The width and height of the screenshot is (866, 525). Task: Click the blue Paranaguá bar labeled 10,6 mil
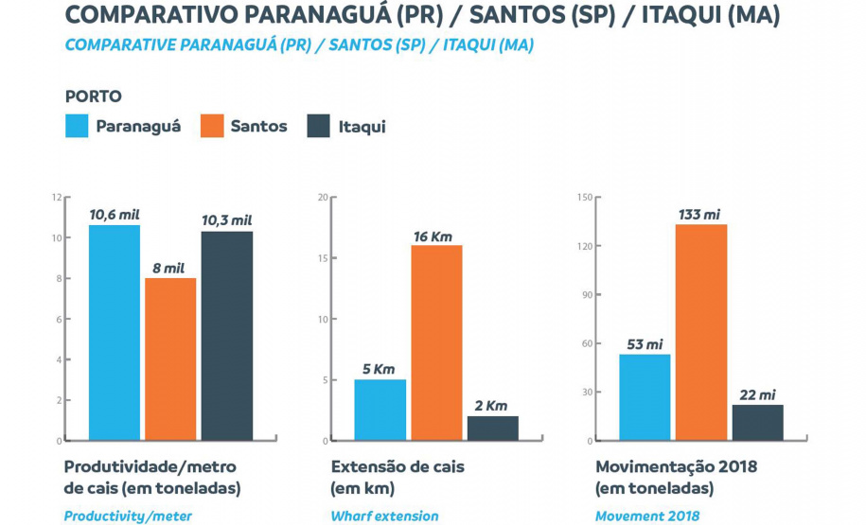coord(115,332)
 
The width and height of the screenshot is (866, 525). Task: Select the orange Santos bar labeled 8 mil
coord(170,359)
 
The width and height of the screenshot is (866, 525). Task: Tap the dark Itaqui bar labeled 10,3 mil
coord(226,336)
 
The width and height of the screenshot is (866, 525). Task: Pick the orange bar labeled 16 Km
coord(436,342)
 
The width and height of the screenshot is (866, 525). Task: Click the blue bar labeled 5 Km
coord(380,410)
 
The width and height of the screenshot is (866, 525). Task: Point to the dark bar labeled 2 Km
coord(492,428)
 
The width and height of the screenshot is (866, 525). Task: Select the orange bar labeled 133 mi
coord(700,332)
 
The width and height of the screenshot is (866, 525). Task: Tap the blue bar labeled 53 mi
coord(645,397)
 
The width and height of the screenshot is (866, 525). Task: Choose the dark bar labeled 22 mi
coord(757,422)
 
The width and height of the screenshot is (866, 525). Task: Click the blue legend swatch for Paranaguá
coord(77,126)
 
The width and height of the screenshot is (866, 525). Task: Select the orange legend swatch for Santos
coord(211,126)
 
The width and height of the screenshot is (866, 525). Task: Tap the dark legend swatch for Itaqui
coord(319,126)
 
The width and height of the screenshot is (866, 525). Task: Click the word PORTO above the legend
coord(93,96)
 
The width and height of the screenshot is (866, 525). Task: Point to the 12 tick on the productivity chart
coord(56,198)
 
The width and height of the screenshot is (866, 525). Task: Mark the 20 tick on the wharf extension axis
coord(323,198)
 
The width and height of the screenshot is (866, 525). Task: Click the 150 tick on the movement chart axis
coord(585,198)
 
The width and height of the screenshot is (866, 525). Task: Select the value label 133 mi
coord(699,214)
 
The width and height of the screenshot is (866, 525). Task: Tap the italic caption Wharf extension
coord(384,516)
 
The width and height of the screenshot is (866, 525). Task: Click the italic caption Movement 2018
coord(646,516)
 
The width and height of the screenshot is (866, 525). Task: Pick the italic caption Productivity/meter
coord(128,516)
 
